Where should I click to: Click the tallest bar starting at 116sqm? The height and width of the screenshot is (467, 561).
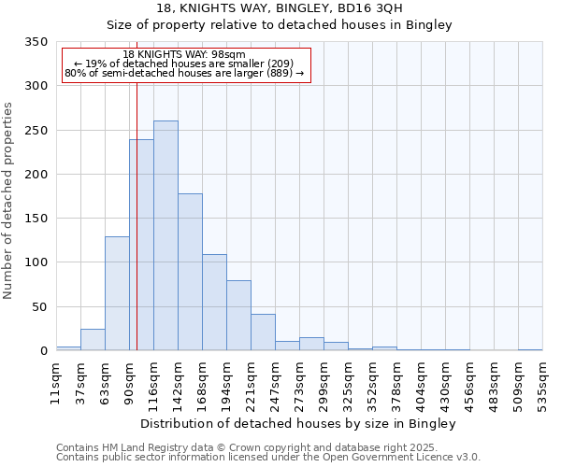click(165, 235)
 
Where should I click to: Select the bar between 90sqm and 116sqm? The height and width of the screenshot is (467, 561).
click(141, 245)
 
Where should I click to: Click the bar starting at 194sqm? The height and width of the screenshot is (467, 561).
click(238, 315)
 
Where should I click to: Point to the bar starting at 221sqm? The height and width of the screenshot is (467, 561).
click(263, 332)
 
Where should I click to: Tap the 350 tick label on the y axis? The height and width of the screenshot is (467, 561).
click(36, 42)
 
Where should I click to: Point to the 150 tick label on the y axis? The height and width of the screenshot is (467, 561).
click(36, 219)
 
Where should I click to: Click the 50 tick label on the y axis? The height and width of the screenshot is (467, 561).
click(39, 306)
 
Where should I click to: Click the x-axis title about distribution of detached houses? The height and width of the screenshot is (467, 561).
click(298, 423)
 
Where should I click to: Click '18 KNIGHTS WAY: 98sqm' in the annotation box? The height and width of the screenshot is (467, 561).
click(184, 55)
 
